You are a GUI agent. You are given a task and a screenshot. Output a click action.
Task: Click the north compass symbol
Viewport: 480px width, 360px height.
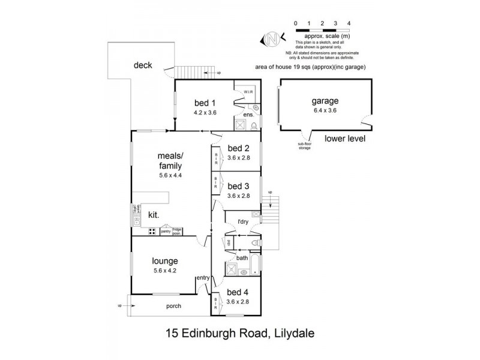271,39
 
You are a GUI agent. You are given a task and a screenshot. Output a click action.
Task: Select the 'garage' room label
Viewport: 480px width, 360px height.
325,101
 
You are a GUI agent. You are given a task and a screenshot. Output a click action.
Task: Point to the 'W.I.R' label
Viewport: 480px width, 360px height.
249,91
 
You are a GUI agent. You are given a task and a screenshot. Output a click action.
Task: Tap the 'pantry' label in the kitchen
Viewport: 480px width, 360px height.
165,230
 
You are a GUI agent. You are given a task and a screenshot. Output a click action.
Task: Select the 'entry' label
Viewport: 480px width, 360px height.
203,277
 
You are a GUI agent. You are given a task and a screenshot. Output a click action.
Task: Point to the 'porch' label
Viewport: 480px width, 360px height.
173,306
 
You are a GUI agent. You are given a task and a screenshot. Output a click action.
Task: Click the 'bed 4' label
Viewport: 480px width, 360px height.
238,293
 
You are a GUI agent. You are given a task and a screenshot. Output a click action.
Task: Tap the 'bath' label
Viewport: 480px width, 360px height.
242,258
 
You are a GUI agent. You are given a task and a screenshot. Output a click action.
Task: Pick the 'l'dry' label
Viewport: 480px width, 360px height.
243,222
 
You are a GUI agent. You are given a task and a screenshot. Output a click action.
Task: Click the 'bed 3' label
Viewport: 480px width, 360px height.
238,185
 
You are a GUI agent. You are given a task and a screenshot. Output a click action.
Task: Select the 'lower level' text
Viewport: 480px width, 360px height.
344,139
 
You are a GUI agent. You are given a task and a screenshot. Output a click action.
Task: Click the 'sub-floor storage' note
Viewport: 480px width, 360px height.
305,146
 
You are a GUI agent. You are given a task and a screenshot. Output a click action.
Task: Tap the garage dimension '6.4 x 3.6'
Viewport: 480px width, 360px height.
325,110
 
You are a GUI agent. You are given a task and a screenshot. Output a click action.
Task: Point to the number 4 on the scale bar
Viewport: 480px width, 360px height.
349,23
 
